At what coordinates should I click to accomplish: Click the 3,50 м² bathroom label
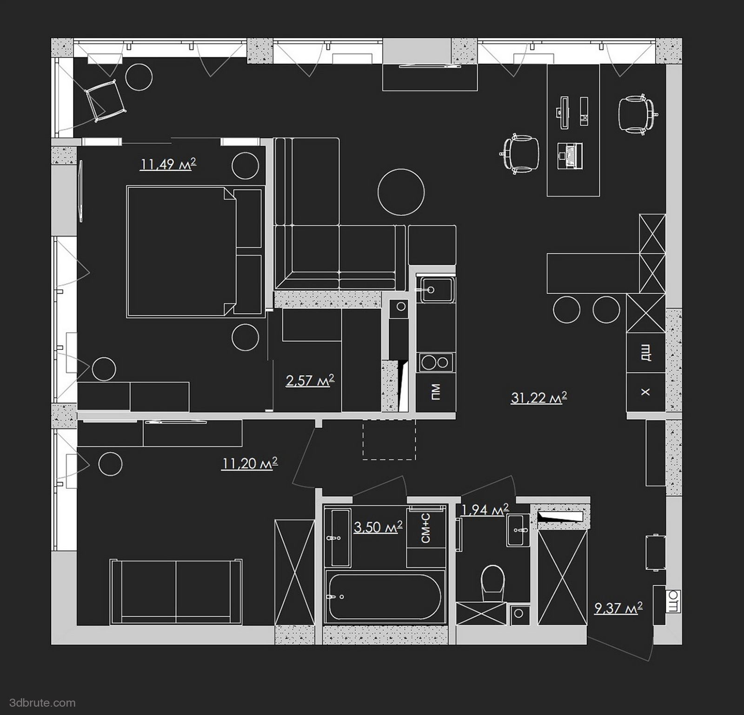[x=378, y=527]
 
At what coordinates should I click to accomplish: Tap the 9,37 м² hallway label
[x=618, y=608]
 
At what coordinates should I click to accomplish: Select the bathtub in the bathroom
[x=384, y=595]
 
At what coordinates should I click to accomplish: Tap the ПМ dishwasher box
[x=436, y=392]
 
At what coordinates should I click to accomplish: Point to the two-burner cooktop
[x=436, y=362]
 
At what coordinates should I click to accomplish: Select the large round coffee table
[x=401, y=191]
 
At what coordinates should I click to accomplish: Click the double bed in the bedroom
[x=194, y=252]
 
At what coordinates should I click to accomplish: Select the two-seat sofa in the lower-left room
[x=176, y=592]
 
